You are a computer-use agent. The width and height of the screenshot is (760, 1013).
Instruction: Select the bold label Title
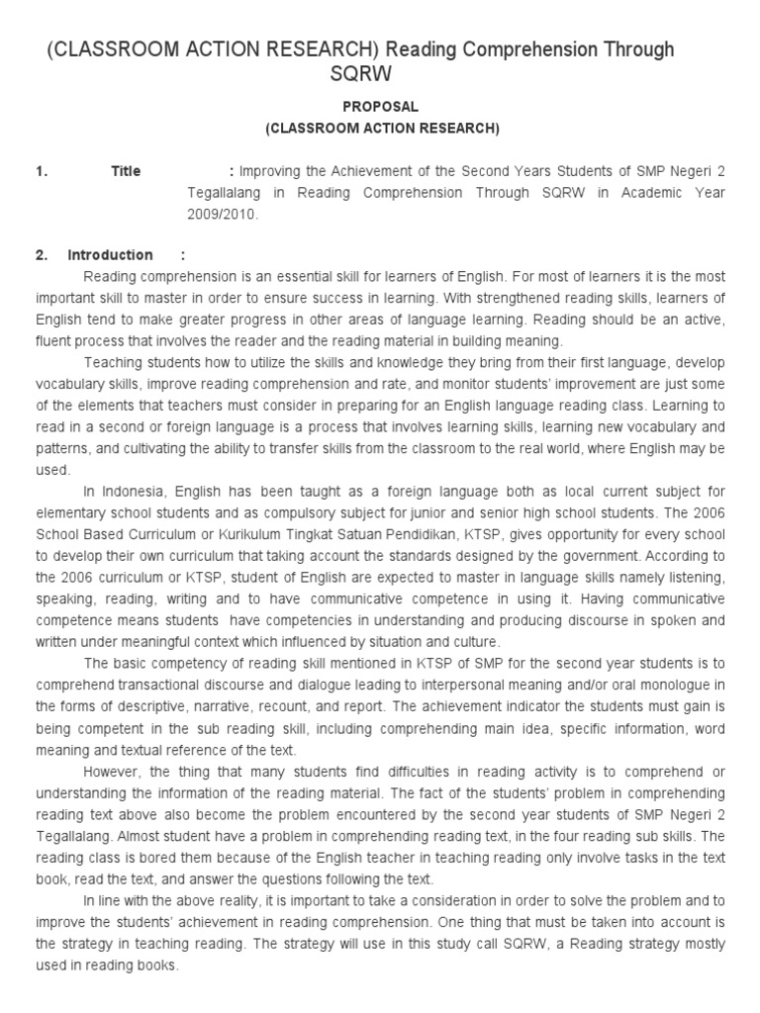126,171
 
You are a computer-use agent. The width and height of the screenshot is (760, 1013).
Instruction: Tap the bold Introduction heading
110,255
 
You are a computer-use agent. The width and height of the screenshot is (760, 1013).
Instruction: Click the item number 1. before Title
42,171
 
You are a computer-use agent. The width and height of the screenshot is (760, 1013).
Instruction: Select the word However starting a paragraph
112,771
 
